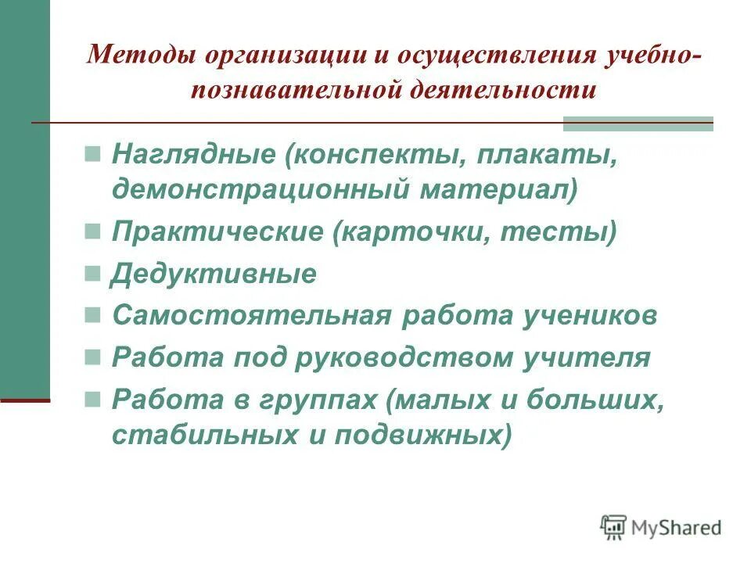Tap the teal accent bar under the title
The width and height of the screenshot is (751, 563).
click(638, 124)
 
